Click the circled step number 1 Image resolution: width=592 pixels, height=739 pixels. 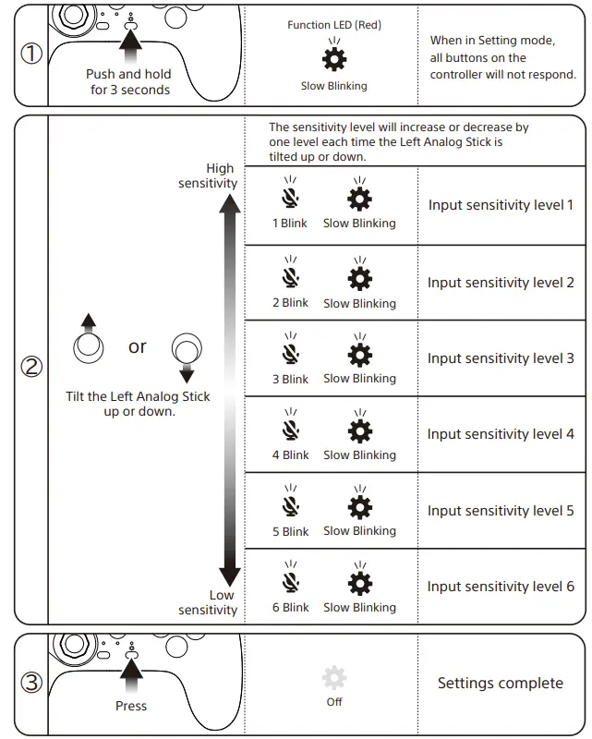(x=31, y=54)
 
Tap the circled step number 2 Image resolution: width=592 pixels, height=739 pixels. (x=31, y=367)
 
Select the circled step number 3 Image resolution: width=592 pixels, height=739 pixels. (x=31, y=684)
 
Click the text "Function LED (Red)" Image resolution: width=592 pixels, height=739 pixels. (x=333, y=25)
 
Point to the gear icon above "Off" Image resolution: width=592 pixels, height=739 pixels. (x=334, y=678)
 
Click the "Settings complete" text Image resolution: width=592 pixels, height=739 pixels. (x=500, y=684)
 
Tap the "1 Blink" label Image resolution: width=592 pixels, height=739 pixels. (x=290, y=224)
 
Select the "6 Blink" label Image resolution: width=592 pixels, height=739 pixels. (x=290, y=608)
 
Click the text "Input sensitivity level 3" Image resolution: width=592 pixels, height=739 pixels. (x=501, y=358)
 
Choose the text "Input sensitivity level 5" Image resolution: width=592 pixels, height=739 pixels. (x=501, y=511)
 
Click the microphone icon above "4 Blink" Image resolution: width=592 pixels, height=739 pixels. (x=291, y=430)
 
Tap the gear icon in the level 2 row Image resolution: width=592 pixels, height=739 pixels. (x=359, y=278)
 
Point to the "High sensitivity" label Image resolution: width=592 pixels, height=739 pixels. (x=208, y=176)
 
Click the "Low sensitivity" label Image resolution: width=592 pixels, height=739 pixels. (x=208, y=602)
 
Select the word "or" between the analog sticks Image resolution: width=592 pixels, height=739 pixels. (x=138, y=347)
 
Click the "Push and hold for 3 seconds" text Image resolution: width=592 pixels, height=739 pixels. (x=129, y=82)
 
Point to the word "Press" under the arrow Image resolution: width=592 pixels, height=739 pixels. (x=131, y=706)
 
